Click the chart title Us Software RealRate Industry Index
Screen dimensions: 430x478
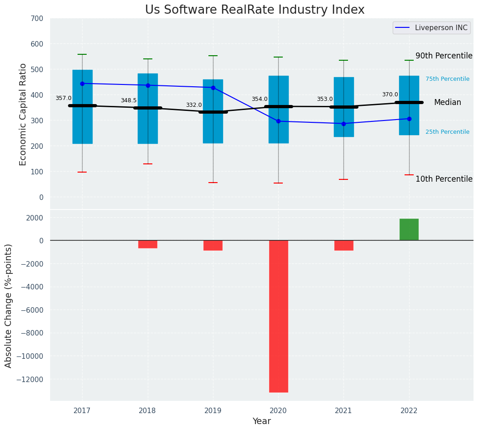coord(255,10)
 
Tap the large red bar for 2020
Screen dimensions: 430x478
coord(278,316)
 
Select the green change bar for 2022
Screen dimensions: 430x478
coord(409,230)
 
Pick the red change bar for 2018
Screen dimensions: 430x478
coord(148,244)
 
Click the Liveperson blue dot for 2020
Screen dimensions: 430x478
coord(278,121)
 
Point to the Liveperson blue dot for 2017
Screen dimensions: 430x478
coord(82,84)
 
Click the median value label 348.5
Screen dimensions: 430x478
coord(129,100)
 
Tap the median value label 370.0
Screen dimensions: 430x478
coord(390,94)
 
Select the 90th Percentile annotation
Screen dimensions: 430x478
coord(444,56)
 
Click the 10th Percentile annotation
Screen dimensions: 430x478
coord(444,179)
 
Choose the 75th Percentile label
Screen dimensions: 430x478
coord(447,79)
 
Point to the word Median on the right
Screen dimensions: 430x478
coord(447,103)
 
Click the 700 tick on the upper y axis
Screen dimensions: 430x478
coord(37,19)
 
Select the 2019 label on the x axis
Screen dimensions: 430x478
coord(213,411)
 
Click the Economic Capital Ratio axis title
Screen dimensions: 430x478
coord(23,114)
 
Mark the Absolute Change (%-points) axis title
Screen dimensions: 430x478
coord(9,305)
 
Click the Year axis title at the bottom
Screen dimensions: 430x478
coord(262,421)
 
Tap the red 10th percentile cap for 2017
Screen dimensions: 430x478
coord(82,172)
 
